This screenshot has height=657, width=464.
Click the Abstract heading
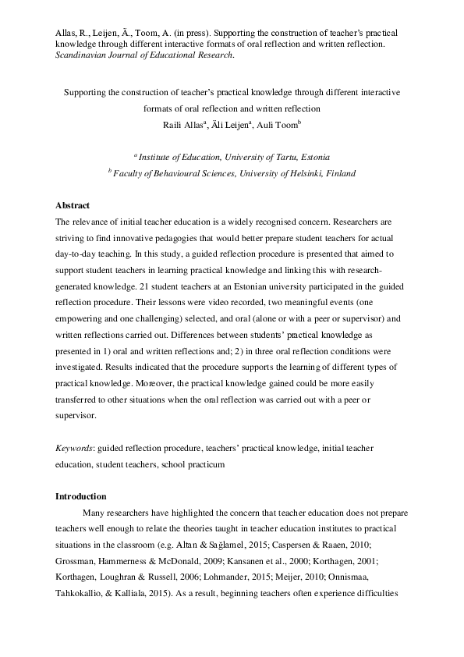pos(73,206)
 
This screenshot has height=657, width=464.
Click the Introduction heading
pos(80,496)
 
